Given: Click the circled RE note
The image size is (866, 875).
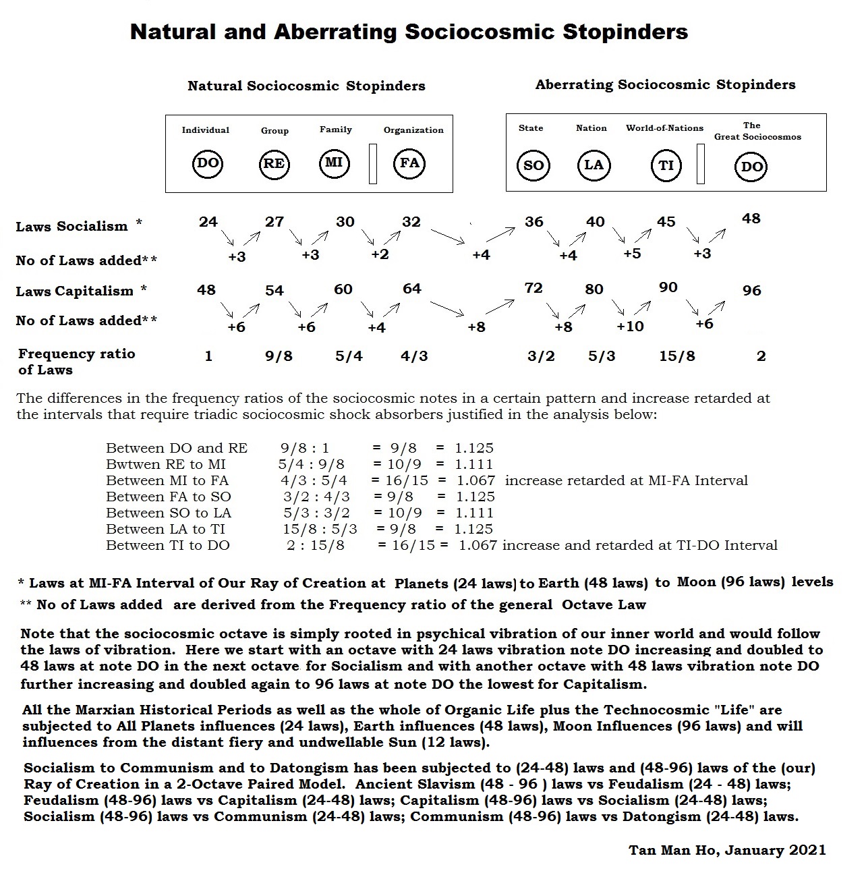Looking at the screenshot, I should coord(273,164).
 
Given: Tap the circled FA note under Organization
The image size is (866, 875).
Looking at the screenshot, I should coord(410,163).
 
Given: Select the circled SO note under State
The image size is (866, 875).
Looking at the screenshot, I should coord(533,166).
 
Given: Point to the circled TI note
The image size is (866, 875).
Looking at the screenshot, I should coord(666,165).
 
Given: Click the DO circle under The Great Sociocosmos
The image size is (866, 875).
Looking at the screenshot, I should coord(751,167).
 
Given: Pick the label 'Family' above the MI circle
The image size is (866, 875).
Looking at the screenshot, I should coord(336,130).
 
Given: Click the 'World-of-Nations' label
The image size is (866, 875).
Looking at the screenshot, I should coord(664,128).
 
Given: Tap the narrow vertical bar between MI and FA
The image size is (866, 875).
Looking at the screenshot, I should coord(373,163).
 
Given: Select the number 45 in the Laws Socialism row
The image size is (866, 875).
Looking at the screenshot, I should coord(666,222).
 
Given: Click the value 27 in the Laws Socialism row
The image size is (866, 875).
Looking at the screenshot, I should coord(275,222).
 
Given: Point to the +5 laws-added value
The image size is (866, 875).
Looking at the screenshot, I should coord(632,254).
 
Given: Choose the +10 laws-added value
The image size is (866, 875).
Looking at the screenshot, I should coord(630,327).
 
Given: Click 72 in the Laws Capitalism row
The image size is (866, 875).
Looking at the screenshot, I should coord(533,288).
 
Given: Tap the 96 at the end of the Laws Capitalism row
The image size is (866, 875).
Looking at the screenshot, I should coord(751,291).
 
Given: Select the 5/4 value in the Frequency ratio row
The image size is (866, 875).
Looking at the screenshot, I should coord(349,356).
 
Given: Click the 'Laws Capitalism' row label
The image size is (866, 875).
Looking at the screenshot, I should coord(75,291).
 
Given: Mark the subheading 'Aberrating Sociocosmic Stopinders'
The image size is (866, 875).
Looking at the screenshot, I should coord(665,85).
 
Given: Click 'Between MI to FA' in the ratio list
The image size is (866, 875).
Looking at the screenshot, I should coord(167,480).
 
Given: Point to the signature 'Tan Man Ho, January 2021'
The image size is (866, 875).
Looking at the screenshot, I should coord(727,850).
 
